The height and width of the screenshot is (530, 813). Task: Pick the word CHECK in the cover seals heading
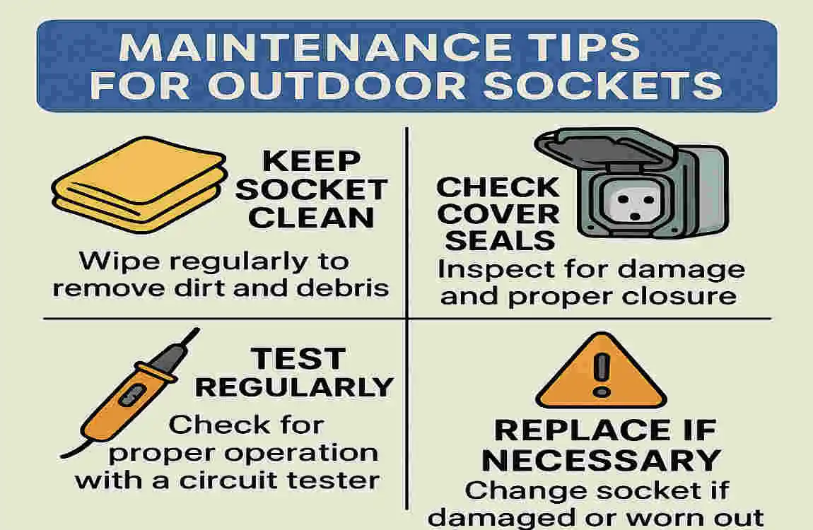(x=498, y=188)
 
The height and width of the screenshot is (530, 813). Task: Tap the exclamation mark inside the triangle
(x=601, y=372)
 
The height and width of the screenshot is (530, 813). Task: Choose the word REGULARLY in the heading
(x=294, y=387)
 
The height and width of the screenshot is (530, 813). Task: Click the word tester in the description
(x=337, y=481)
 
